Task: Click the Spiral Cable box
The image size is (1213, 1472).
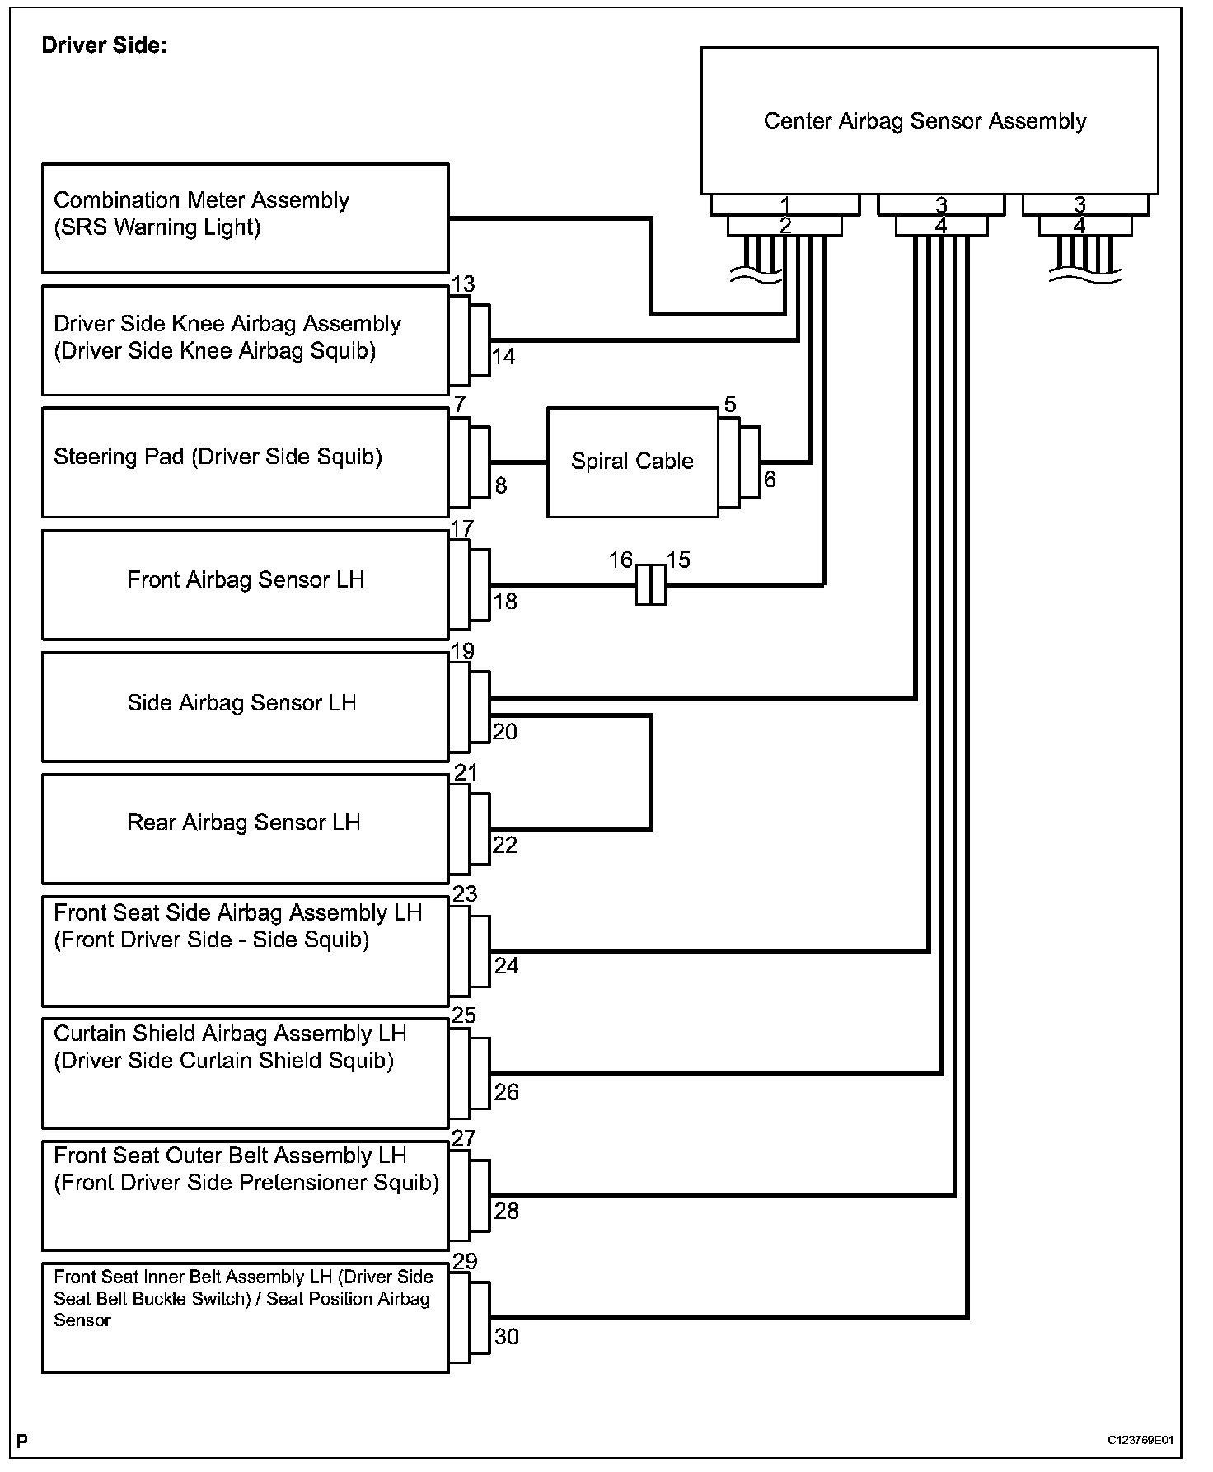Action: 632,462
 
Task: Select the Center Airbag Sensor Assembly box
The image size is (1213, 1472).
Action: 929,121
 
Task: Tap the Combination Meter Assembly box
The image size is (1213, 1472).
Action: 245,218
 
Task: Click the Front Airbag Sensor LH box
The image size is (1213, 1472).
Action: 245,584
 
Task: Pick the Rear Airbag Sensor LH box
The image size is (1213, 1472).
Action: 245,827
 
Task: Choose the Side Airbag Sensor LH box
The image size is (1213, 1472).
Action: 245,706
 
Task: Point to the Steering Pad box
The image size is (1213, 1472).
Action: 245,462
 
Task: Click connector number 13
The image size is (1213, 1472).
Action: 463,285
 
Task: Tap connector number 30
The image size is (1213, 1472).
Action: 506,1337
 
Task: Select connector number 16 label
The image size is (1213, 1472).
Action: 621,560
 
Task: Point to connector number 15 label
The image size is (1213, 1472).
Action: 678,560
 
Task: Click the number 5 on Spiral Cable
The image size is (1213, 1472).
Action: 730,405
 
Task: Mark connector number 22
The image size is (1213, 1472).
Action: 504,846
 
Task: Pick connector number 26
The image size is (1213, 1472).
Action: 506,1092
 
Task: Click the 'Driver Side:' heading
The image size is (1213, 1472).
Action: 104,45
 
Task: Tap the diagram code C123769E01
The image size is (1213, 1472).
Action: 1140,1440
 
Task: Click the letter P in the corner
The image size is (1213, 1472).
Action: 22,1441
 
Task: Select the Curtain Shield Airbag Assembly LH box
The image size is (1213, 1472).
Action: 245,1073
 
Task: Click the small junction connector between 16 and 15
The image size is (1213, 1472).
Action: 650,585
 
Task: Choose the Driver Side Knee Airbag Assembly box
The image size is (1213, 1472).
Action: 245,340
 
